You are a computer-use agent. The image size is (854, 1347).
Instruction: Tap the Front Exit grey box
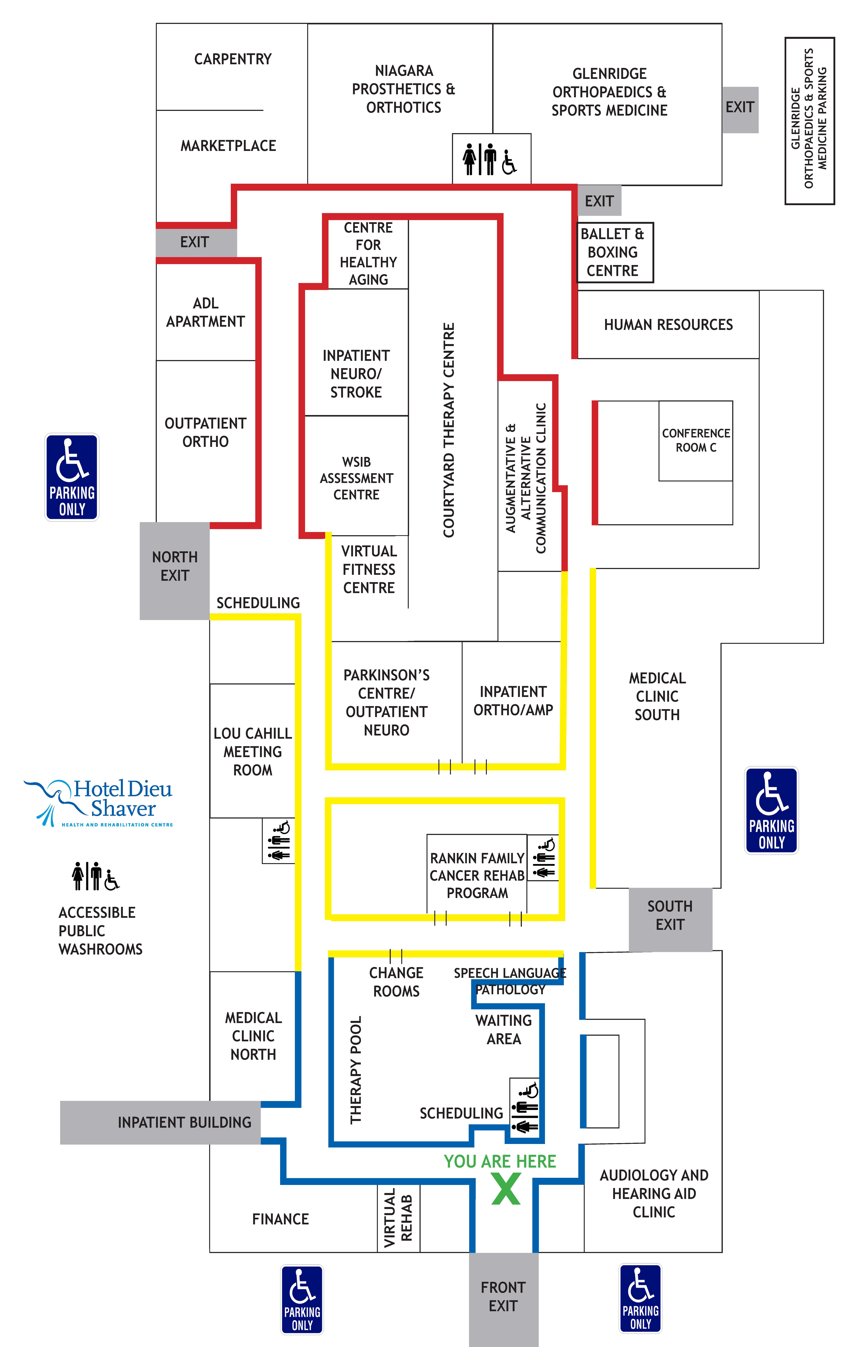point(503,1299)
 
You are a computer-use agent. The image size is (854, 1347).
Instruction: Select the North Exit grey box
point(174,571)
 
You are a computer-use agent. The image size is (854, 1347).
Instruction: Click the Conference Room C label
point(696,440)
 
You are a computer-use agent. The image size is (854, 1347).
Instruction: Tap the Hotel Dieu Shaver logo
point(98,803)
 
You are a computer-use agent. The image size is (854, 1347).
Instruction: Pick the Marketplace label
point(228,146)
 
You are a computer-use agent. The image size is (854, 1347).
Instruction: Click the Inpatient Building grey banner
point(160,1123)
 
